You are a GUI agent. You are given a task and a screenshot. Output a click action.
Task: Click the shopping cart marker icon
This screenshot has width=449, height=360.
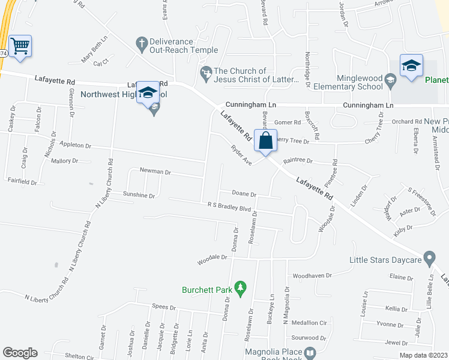[x=20, y=46]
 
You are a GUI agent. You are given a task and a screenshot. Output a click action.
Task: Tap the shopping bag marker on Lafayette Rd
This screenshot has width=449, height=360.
[x=265, y=142]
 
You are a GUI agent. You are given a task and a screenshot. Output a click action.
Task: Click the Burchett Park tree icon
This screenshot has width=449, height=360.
[x=240, y=289]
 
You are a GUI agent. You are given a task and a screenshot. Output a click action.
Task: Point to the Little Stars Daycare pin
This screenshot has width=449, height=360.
[x=429, y=260]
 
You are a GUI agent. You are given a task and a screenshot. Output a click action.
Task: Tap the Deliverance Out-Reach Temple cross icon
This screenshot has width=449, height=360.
[x=142, y=43]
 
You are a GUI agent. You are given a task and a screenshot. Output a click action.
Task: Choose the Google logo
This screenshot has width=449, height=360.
[x=20, y=352]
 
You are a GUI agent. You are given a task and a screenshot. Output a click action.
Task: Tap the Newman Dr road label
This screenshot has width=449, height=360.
[x=155, y=172]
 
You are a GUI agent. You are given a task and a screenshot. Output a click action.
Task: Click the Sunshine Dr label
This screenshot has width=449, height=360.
[x=139, y=196]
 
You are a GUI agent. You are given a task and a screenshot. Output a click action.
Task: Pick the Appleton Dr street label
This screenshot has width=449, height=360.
[x=75, y=145]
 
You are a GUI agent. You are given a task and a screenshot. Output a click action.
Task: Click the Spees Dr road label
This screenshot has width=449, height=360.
[x=164, y=307]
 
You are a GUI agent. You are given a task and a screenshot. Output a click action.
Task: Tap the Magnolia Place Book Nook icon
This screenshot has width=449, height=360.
[x=310, y=353]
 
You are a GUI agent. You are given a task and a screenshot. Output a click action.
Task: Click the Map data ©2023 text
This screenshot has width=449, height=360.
[x=423, y=355]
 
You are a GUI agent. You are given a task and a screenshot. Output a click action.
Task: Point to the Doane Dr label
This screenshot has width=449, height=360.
[x=244, y=194]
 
